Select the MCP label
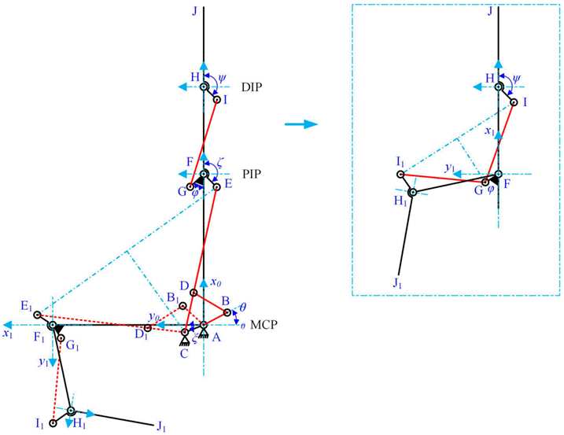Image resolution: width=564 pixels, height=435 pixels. [264, 325]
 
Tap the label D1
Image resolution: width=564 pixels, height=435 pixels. [144, 338]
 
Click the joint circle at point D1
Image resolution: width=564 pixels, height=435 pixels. [146, 327]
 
